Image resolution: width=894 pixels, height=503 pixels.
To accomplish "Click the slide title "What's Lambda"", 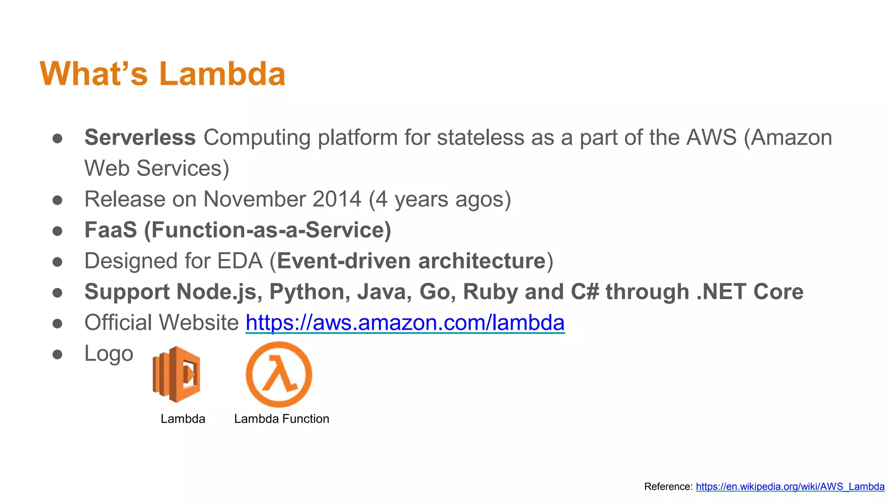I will click(162, 74).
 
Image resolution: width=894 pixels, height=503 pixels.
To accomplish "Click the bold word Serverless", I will click(140, 138).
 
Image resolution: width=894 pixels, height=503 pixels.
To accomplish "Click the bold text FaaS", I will click(110, 230).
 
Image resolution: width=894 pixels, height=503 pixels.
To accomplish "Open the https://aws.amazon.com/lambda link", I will click(405, 323).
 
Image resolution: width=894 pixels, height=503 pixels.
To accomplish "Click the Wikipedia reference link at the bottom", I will click(790, 486).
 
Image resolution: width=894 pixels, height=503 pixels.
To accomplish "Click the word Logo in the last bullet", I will click(109, 353).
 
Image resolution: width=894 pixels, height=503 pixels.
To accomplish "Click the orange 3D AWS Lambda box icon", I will click(177, 374).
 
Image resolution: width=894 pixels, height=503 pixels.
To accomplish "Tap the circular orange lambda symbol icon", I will click(279, 374).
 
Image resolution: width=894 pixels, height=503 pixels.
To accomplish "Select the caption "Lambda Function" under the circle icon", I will click(282, 419).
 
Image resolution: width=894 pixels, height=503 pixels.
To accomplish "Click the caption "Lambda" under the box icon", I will click(182, 419).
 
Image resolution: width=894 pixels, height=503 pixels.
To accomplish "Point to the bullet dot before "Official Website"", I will click(57, 324).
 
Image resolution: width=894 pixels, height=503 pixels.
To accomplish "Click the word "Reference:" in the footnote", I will click(668, 486).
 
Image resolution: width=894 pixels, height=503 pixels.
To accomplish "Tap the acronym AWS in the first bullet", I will click(711, 138).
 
